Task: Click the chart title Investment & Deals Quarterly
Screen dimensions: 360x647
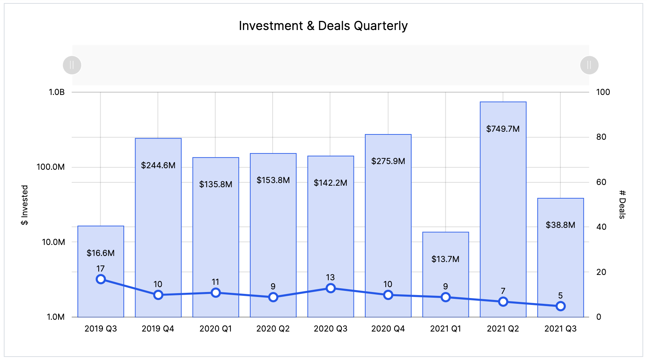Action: click(x=323, y=26)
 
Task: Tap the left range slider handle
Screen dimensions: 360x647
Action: click(x=72, y=65)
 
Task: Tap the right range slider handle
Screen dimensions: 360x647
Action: click(x=589, y=65)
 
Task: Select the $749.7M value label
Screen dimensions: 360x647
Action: click(x=503, y=129)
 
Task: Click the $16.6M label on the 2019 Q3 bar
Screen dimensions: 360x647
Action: click(x=101, y=253)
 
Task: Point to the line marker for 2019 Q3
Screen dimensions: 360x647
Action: click(x=101, y=279)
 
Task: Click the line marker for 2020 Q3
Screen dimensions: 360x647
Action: click(x=331, y=288)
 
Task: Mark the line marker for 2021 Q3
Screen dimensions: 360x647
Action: click(x=560, y=306)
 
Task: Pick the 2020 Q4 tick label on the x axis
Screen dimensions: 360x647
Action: click(x=388, y=328)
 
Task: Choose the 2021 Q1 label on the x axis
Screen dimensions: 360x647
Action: click(x=445, y=328)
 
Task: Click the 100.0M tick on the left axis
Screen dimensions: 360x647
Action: click(x=50, y=167)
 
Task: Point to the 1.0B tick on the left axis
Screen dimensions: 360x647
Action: click(x=57, y=92)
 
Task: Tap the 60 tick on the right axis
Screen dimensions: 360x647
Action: click(x=601, y=182)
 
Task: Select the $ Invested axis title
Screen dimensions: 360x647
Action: click(x=25, y=205)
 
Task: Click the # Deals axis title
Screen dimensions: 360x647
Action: click(x=622, y=204)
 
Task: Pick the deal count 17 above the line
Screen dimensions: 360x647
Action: click(x=101, y=268)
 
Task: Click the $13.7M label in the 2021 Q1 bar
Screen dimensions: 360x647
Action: click(x=445, y=259)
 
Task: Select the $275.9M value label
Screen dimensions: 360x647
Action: click(x=388, y=161)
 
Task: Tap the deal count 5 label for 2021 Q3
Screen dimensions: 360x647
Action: click(x=560, y=295)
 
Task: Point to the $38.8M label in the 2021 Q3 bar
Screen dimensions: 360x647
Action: click(x=560, y=225)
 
